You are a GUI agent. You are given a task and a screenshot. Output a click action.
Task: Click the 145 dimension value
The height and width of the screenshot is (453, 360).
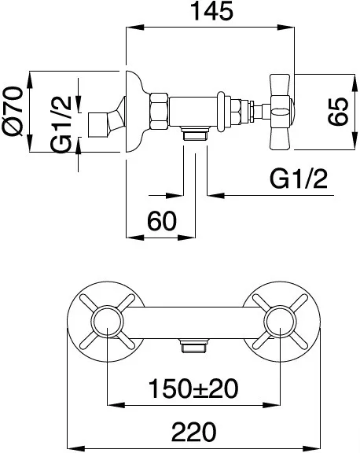(x=212, y=11)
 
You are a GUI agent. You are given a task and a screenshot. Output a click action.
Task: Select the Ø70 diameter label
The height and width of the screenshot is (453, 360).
(x=13, y=111)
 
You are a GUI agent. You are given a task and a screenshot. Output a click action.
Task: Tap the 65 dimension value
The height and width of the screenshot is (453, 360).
(x=338, y=112)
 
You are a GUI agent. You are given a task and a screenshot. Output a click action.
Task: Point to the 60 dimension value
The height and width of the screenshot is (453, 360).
(x=162, y=221)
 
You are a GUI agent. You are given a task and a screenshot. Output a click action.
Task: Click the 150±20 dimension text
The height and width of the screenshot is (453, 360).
(x=193, y=389)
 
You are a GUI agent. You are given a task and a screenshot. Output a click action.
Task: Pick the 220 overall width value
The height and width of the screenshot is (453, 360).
(x=193, y=432)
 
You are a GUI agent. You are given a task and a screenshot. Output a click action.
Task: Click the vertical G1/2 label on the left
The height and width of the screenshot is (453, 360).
(x=61, y=124)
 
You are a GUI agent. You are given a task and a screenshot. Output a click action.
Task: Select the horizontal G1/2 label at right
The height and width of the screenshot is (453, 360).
(x=299, y=179)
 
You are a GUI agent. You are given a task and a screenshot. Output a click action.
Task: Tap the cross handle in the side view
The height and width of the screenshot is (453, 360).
(x=280, y=112)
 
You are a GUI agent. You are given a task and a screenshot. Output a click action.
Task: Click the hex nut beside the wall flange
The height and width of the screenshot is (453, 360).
(x=159, y=112)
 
